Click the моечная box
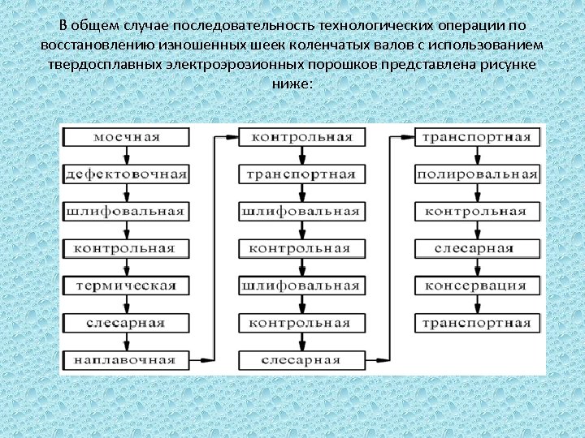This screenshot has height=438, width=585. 126,136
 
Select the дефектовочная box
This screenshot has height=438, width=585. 126,174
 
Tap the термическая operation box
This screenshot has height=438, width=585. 126,286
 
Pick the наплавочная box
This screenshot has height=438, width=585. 126,359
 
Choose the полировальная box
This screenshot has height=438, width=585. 477,174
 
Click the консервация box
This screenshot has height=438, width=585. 477,286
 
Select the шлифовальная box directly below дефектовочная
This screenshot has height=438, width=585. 126,212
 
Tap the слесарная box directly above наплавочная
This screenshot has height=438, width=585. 126,323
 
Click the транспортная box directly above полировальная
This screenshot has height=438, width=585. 477,136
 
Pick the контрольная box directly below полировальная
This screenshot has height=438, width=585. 477,212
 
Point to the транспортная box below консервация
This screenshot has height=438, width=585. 477,323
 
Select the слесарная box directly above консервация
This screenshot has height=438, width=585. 477,248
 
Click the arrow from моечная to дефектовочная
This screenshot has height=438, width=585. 126,156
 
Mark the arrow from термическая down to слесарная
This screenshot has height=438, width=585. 126,304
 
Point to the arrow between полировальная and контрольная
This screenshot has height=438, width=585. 477,193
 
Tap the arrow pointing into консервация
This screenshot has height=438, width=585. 477,268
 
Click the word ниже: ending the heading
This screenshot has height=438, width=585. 292,83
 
